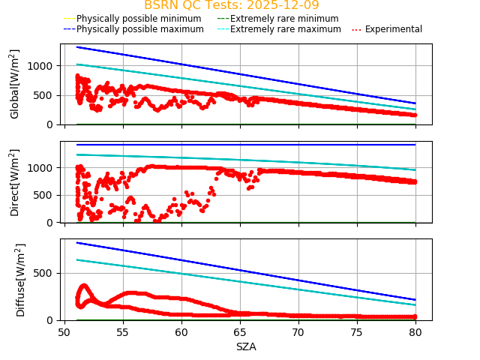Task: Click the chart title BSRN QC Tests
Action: [231, 5]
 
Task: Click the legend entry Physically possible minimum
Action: [133, 18]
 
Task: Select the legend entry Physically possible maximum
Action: [133, 29]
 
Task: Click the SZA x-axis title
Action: [246, 346]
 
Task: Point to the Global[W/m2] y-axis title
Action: [15, 84]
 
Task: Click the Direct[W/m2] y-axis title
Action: [15, 182]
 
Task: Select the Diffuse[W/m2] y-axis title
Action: [21, 280]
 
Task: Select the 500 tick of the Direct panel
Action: [47, 195]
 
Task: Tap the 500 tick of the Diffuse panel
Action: [47, 273]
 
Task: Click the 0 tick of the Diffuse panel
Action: [52, 320]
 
